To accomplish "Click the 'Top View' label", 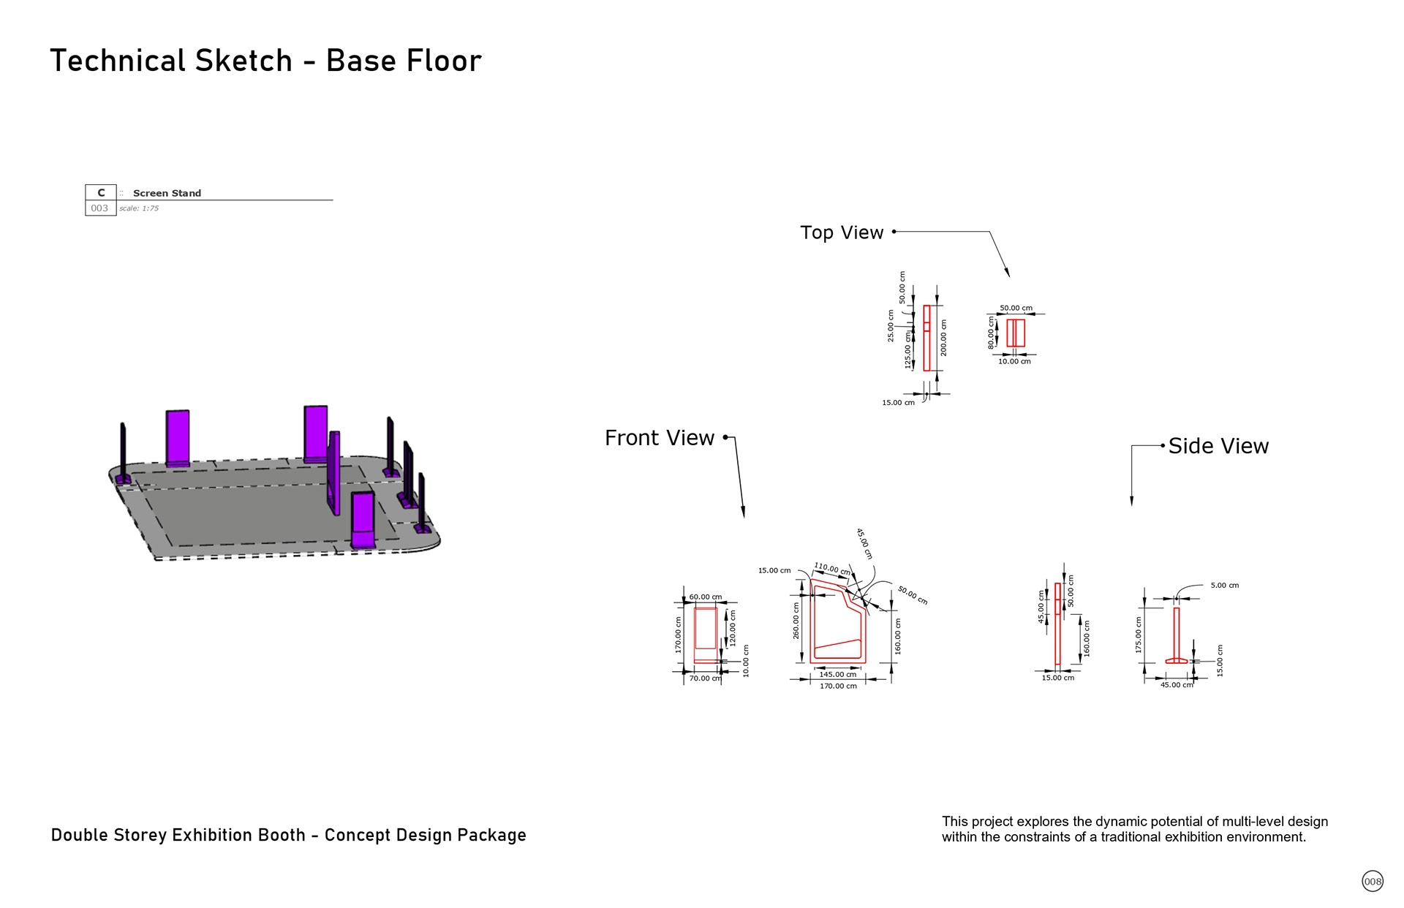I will [842, 232].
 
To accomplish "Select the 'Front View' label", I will [659, 438].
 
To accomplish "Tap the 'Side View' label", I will [1218, 446].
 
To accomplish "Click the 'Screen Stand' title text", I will [167, 193].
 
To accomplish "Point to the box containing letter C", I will [101, 193].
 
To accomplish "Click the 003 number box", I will [99, 208].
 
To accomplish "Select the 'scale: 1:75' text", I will [139, 208].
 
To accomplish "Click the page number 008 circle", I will [1373, 881].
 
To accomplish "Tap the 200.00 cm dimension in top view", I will [944, 338].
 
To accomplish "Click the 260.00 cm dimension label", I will [796, 621].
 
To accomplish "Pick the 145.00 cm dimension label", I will [837, 674].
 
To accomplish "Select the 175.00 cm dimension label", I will [1139, 635].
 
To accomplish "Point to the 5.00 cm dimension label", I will [1224, 586].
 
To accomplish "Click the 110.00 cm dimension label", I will [832, 568].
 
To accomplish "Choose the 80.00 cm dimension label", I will [992, 333].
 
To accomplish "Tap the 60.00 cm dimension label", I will [705, 597].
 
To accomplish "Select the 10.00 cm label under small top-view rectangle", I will [1014, 361].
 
